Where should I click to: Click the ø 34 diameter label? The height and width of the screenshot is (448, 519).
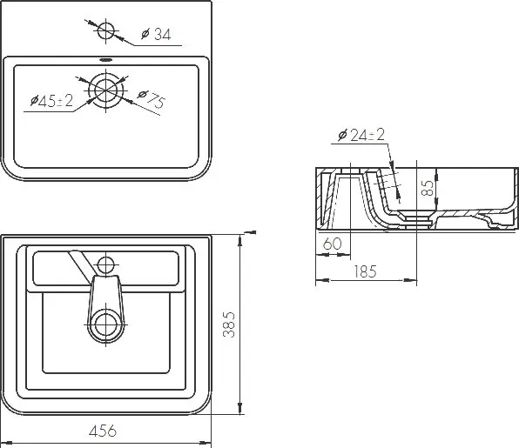[156, 34]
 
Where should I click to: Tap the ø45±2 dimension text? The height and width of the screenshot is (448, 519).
[51, 100]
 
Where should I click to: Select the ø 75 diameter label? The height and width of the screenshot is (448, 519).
[152, 98]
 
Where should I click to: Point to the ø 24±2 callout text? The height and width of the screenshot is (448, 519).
[361, 135]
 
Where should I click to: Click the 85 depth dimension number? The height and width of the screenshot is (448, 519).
[428, 188]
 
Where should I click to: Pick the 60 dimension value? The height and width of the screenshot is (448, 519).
[332, 244]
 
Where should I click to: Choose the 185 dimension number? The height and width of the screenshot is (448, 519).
[365, 271]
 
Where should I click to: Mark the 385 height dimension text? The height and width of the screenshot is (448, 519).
[229, 324]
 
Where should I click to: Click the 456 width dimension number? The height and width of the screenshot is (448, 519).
[103, 431]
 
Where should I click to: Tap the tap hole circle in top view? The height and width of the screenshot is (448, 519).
[105, 30]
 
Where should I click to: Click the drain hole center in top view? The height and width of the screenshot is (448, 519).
[106, 90]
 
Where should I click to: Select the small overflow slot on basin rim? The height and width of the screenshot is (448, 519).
[106, 60]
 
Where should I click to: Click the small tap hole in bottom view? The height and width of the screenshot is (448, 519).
[105, 264]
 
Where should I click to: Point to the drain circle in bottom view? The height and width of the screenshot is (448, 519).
[106, 324]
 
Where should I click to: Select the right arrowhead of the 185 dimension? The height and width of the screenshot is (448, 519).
[411, 280]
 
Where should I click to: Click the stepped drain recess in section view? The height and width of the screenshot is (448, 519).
[416, 219]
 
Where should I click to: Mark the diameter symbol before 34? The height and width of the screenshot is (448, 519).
[145, 34]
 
